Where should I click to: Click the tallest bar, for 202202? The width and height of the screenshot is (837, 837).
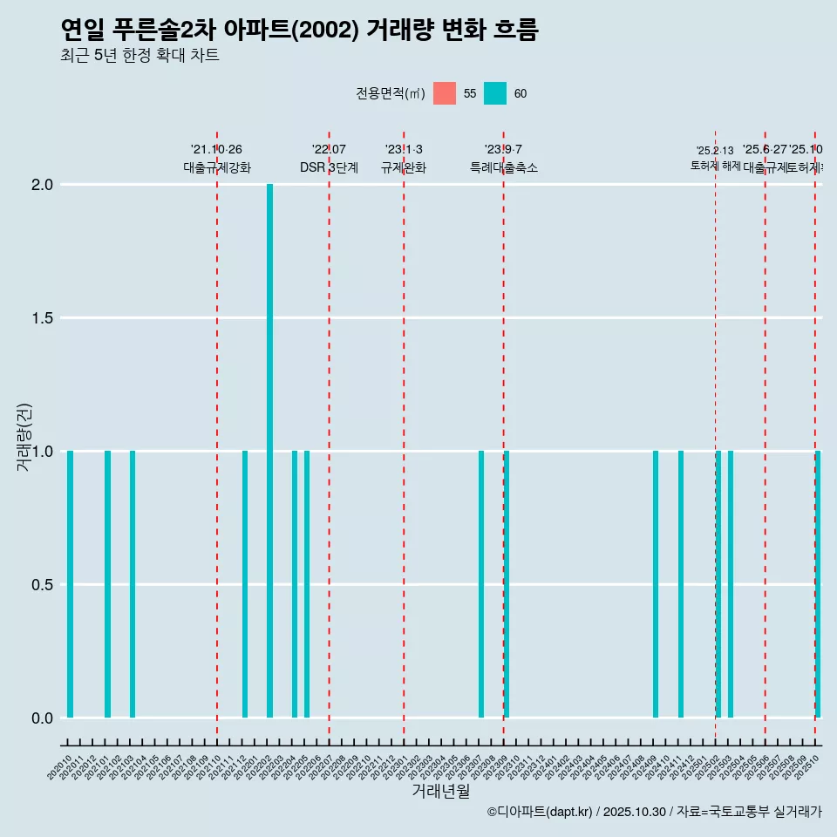click(x=270, y=451)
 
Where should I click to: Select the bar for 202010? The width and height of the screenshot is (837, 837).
click(x=70, y=584)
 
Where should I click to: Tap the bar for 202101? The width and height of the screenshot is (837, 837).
click(x=107, y=584)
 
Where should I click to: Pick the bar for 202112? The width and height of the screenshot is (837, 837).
click(x=245, y=584)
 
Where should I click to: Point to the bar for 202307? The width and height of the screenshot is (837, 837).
click(x=481, y=584)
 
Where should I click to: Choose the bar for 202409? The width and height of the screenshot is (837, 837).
click(x=656, y=584)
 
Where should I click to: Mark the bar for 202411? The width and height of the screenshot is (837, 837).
click(x=681, y=584)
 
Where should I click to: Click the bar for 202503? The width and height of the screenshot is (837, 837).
click(x=731, y=584)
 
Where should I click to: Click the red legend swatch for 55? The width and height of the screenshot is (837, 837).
click(x=445, y=93)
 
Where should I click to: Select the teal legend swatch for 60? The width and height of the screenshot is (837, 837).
click(x=495, y=93)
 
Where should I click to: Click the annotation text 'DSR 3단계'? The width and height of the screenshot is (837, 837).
click(x=329, y=168)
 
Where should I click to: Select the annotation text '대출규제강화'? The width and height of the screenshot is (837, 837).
click(x=217, y=168)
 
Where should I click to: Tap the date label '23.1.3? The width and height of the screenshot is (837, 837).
click(x=404, y=150)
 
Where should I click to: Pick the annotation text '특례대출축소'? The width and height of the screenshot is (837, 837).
click(x=504, y=168)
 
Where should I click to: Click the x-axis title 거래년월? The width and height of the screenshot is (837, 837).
click(x=441, y=791)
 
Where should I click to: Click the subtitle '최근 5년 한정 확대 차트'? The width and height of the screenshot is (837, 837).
click(x=139, y=56)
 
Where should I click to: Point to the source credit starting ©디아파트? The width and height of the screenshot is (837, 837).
click(x=654, y=812)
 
